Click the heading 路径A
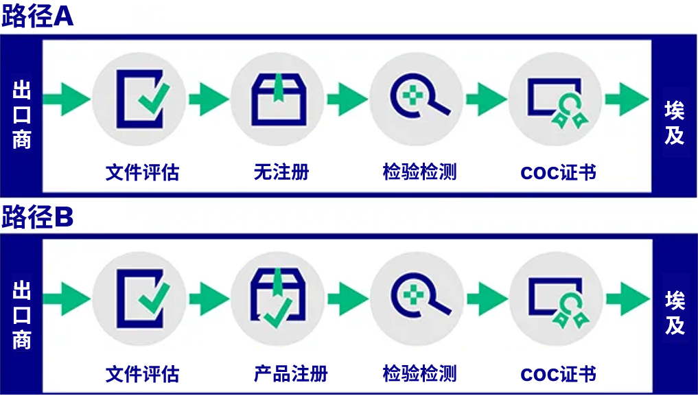[x=37, y=16]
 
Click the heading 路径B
[x=37, y=218]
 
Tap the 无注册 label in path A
[x=281, y=172]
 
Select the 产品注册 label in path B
[x=290, y=374]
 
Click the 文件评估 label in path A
[x=142, y=172]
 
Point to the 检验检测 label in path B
[x=419, y=374]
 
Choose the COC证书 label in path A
[x=558, y=172]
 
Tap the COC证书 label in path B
[x=558, y=374]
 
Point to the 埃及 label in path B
[x=675, y=313]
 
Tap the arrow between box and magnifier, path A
[x=347, y=100]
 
